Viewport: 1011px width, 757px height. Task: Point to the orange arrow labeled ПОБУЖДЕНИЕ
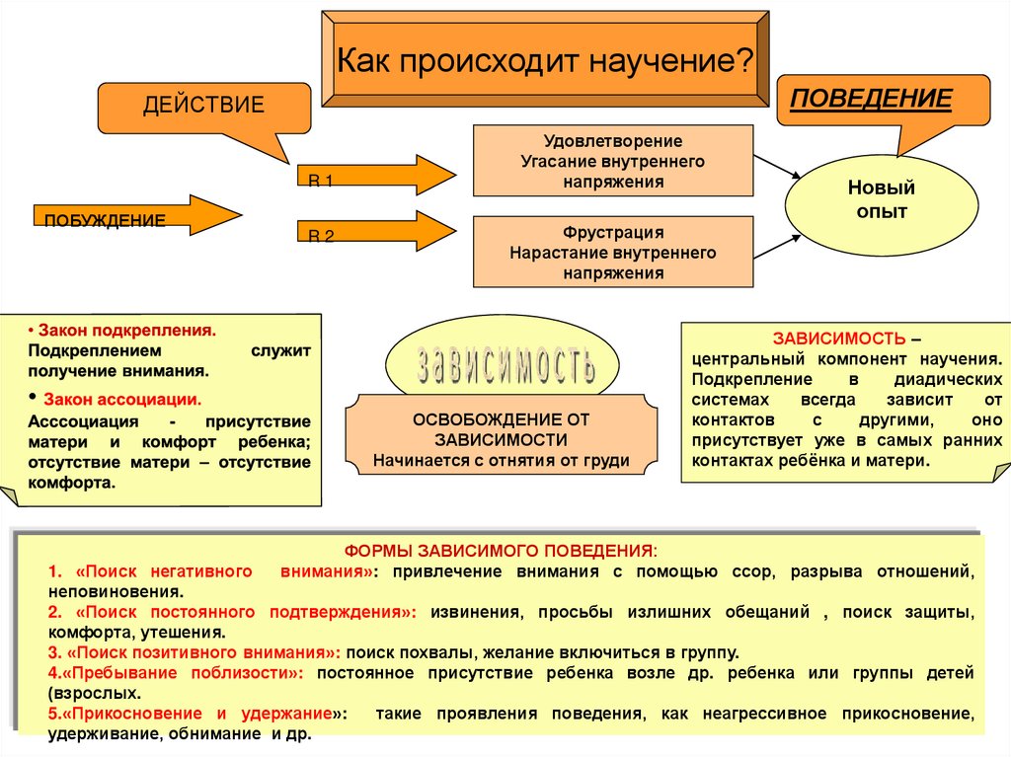coord(138,215)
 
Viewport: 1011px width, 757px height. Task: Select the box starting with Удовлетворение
coord(612,160)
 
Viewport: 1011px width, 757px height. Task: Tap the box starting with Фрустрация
coord(612,252)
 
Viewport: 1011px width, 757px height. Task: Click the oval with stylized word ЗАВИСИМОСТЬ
coord(505,363)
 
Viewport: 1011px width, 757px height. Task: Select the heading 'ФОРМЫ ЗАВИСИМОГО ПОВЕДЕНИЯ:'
coord(500,550)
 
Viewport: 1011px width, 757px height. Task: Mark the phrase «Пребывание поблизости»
coord(180,673)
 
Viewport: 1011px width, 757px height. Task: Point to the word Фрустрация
coord(612,233)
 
